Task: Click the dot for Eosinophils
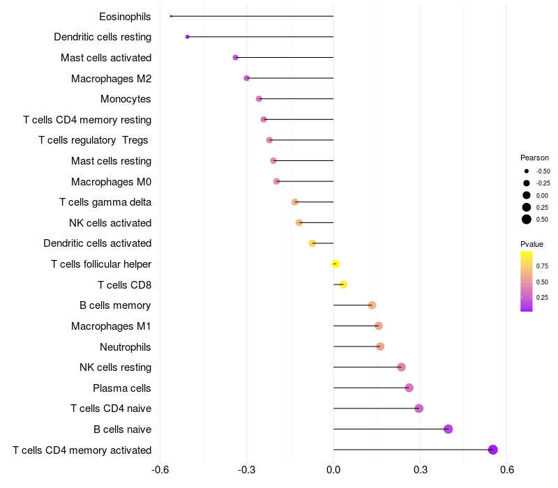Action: pos(171,16)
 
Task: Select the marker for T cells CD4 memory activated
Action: pos(493,450)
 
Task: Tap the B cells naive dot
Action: pos(448,429)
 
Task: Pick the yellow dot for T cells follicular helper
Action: pos(335,264)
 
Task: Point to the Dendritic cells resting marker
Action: pos(187,36)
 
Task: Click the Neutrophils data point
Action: pos(380,346)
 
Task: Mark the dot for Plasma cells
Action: pos(409,388)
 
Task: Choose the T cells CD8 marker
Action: pos(343,284)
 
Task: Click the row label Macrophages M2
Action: pos(111,78)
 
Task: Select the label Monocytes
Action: pos(126,99)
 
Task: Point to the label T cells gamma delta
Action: pos(105,202)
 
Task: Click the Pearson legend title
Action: pos(534,158)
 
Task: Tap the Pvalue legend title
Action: pos(531,244)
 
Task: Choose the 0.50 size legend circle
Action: pos(527,220)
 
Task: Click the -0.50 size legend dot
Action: pos(527,171)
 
